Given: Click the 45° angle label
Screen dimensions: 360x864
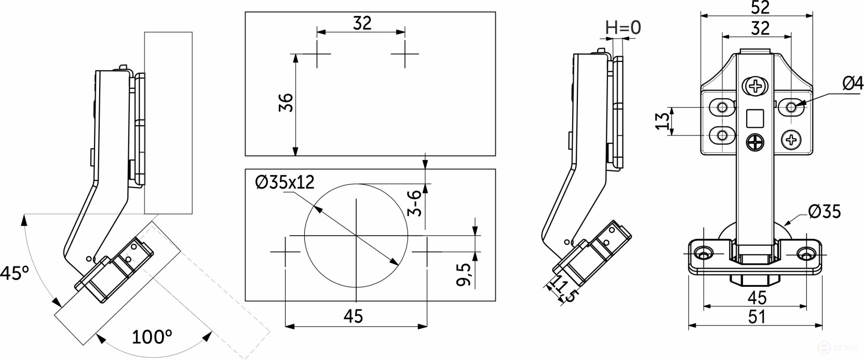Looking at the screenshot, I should (14, 273).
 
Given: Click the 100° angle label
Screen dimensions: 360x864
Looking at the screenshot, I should (152, 337).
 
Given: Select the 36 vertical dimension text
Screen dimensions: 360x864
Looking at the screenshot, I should (286, 102).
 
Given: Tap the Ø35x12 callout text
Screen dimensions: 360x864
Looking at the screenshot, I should (285, 182).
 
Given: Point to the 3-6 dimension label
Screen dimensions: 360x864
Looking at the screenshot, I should (414, 203).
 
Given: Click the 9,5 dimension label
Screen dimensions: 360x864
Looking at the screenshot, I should (464, 274).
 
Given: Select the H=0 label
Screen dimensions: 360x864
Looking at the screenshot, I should (623, 27).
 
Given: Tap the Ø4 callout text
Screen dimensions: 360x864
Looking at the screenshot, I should (852, 83).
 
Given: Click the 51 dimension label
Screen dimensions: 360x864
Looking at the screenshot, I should (757, 316).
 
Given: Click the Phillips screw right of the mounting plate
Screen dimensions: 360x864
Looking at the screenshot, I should (791, 139).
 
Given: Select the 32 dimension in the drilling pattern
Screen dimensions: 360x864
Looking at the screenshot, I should (362, 23).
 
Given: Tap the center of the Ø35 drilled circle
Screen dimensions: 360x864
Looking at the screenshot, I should (356, 236).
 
